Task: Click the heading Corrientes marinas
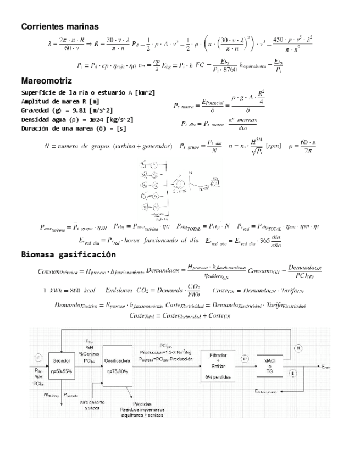(x=59, y=26)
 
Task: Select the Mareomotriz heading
(x=46, y=81)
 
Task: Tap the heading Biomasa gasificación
(x=68, y=254)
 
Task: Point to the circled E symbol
(x=292, y=373)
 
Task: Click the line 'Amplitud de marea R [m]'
(x=60, y=101)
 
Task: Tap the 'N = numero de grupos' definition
(x=109, y=146)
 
